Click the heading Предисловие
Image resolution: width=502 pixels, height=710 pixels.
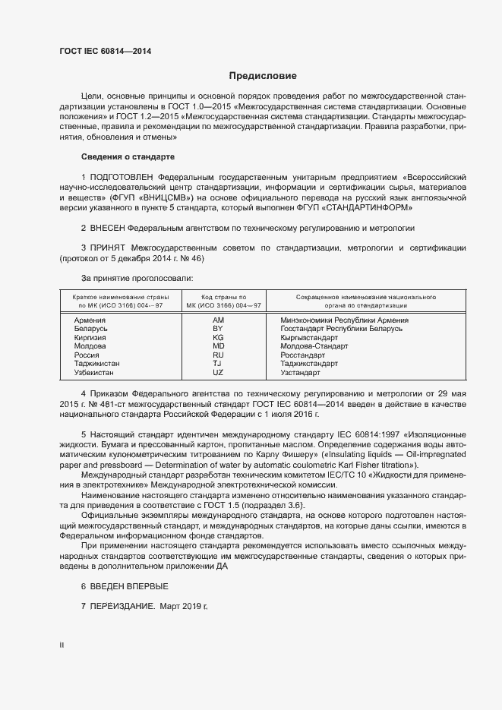tap(263, 76)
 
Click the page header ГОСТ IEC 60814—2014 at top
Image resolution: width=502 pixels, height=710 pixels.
tap(105, 52)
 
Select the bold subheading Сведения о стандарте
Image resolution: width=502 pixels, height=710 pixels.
tap(128, 156)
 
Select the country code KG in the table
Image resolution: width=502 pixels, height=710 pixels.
tap(219, 337)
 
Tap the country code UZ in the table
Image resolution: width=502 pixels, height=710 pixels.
tap(219, 373)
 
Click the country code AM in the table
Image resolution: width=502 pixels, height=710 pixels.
tap(219, 320)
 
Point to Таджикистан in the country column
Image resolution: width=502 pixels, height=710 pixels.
tap(96, 364)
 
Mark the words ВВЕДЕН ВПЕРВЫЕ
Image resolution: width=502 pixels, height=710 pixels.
tap(129, 587)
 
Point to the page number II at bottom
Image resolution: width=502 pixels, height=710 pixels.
tap(62, 645)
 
